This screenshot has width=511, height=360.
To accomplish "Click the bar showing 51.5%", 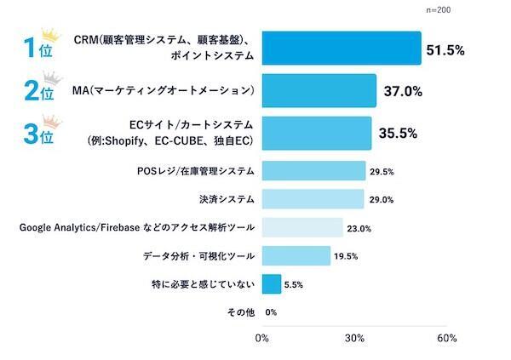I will click(x=342, y=49).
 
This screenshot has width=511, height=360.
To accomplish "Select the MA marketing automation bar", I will click(x=319, y=90).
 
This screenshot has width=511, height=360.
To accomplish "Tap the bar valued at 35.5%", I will click(x=316, y=133).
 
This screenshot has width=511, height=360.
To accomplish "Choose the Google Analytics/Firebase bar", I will click(x=302, y=227).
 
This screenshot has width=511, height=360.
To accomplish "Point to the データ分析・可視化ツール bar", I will click(x=296, y=255).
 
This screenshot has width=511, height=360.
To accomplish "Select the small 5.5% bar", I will click(x=272, y=283).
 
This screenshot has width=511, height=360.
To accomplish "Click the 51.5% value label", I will click(x=445, y=50).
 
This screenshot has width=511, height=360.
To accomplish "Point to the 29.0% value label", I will click(x=381, y=200).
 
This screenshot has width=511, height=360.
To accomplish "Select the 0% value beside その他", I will click(x=272, y=311).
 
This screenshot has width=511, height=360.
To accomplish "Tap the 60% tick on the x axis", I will click(x=446, y=338).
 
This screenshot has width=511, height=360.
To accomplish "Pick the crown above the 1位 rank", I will click(x=53, y=36).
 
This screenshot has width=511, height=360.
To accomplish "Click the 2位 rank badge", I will click(x=39, y=91).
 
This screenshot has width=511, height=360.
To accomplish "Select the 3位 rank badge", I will click(x=39, y=134).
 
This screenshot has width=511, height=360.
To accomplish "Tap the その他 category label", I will click(x=241, y=311).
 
